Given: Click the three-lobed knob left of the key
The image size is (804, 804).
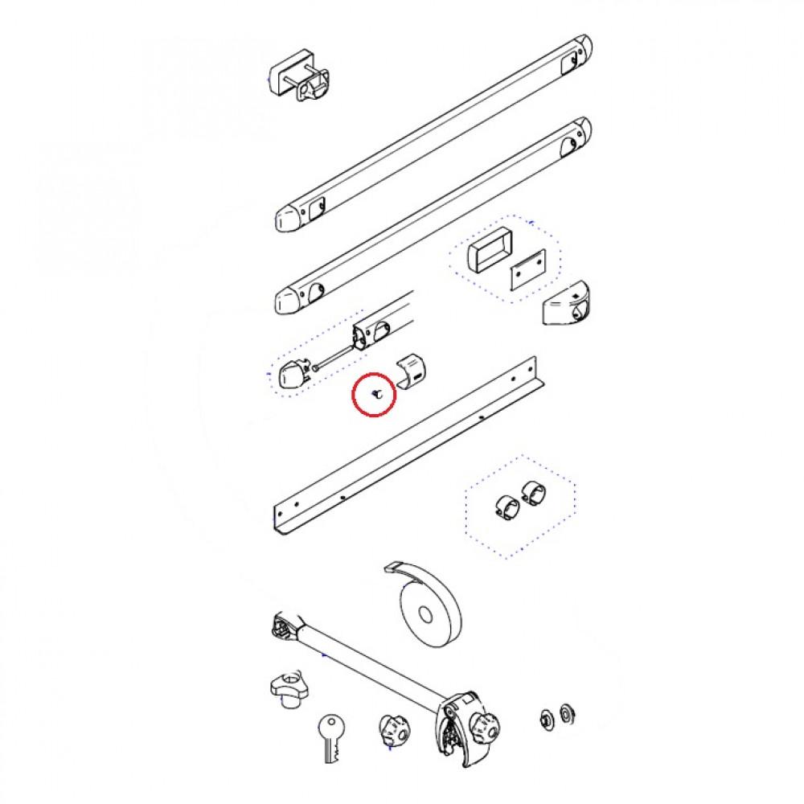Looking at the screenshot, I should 287,690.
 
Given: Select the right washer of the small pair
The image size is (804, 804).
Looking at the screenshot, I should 565,712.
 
